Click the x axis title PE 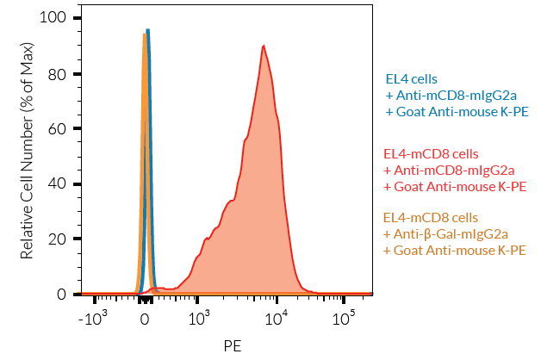pyautogui.click(x=232, y=345)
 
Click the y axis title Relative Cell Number pyautogui.click(x=27, y=156)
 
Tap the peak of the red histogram pyautogui.click(x=263, y=46)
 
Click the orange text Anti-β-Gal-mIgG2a pyautogui.click(x=447, y=233)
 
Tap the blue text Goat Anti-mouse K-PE pyautogui.click(x=457, y=112)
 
